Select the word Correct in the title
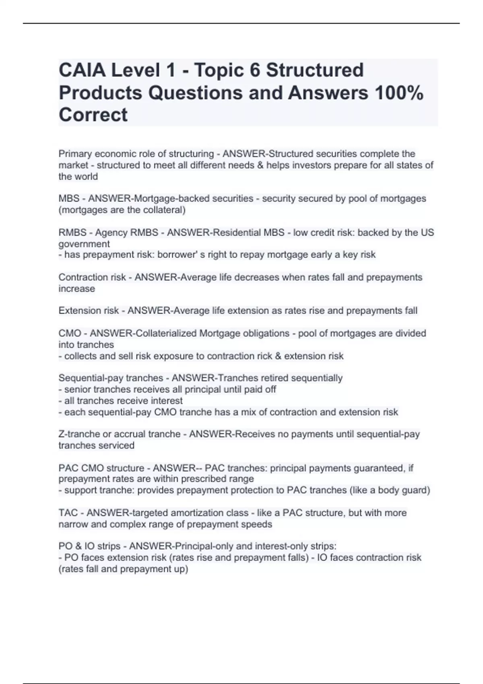tap(93, 115)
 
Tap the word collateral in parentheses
tap(163, 210)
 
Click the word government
tap(84, 244)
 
